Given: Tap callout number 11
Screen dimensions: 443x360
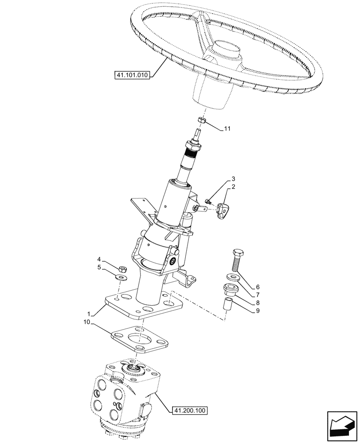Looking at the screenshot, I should tap(227, 129).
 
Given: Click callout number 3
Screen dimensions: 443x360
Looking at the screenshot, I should tap(233, 179).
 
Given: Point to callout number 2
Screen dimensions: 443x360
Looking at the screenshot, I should tap(233, 187).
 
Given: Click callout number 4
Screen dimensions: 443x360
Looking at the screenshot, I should tap(99, 259).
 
